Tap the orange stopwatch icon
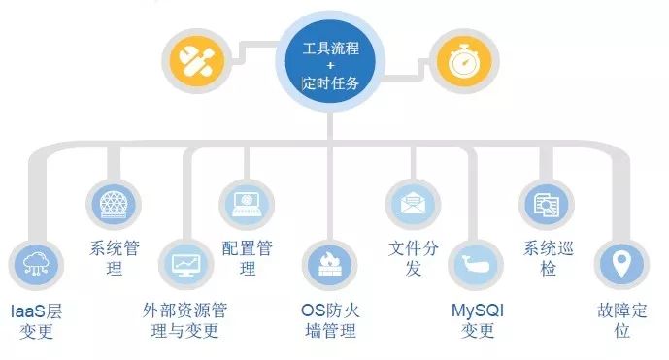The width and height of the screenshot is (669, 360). (x=464, y=61)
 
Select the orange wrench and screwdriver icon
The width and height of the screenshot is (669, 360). (x=197, y=61)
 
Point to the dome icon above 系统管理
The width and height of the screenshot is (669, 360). (x=113, y=205)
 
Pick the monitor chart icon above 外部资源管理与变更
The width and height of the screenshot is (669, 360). (x=185, y=265)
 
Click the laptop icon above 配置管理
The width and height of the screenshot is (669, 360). (x=247, y=205)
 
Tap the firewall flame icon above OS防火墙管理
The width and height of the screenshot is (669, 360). (x=329, y=265)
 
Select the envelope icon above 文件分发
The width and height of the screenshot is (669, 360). (x=413, y=205)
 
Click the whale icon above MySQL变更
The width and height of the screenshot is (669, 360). (x=476, y=265)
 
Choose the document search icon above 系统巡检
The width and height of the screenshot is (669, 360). (x=546, y=205)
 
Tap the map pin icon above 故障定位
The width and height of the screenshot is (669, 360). (x=621, y=265)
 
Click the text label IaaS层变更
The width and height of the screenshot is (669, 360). (x=36, y=321)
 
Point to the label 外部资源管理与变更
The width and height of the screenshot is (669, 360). (x=185, y=321)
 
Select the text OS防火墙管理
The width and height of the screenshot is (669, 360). (x=330, y=321)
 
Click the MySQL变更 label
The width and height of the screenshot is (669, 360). (x=478, y=321)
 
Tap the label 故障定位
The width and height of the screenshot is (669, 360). (x=622, y=321)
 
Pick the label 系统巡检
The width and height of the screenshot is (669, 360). (x=549, y=258)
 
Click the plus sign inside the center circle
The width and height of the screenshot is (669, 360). (x=330, y=65)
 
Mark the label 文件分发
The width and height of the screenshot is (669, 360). (x=413, y=258)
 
